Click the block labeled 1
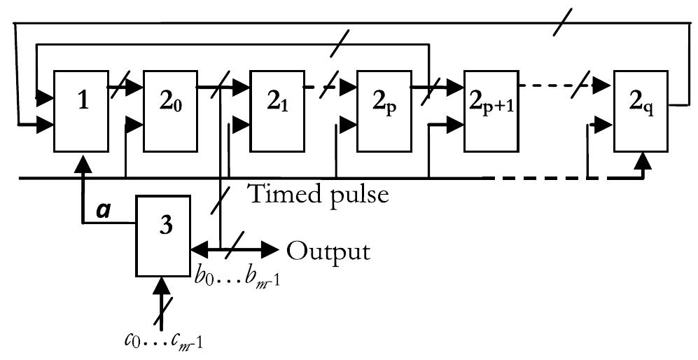(x=82, y=111)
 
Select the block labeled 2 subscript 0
(x=170, y=111)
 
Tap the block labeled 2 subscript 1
(x=277, y=111)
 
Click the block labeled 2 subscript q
(x=641, y=111)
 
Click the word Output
(x=328, y=250)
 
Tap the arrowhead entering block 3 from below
(x=162, y=286)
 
